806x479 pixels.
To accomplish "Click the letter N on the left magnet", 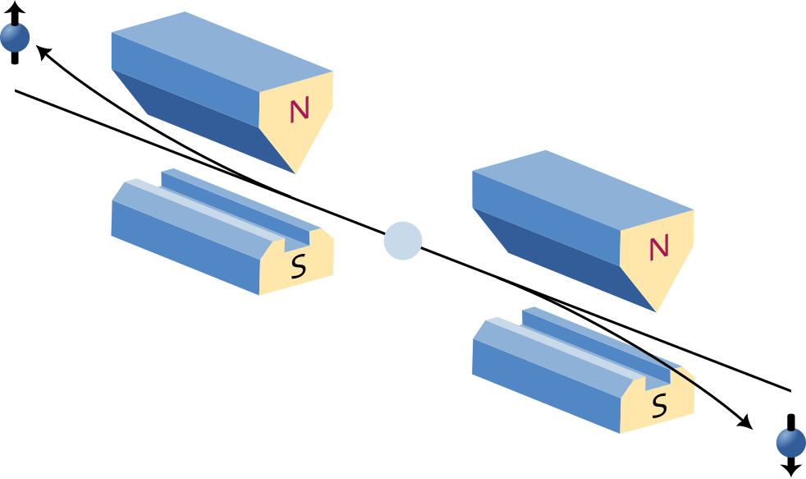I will pyautogui.click(x=299, y=111).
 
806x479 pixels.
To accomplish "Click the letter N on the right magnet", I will pyautogui.click(x=658, y=248).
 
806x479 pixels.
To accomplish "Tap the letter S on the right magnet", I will pyautogui.click(x=658, y=406).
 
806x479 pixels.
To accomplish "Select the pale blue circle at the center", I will pyautogui.click(x=403, y=241).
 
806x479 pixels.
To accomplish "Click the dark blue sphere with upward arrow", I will pyautogui.click(x=15, y=38).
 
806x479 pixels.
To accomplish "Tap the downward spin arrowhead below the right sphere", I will pyautogui.click(x=791, y=471).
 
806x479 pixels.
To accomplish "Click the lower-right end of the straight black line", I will pyautogui.click(x=790, y=389).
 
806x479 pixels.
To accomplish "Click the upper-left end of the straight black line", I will pyautogui.click(x=16, y=91).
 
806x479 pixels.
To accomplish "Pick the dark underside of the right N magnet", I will pyautogui.click(x=558, y=255).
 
